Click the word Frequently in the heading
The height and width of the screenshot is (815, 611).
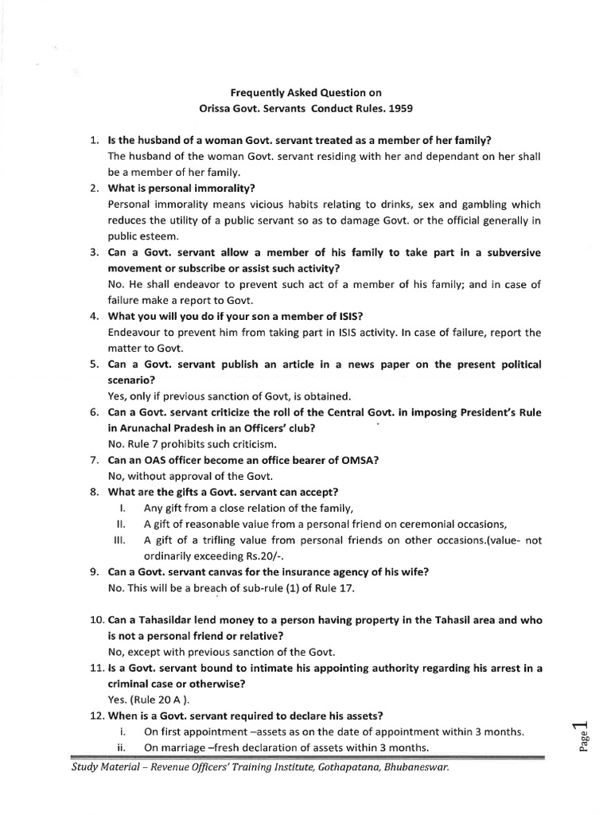(x=249, y=92)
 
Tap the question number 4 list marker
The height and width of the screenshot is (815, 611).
(x=93, y=316)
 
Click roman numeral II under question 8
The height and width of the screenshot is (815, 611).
(x=122, y=524)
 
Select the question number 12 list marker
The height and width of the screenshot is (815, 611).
(x=93, y=700)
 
